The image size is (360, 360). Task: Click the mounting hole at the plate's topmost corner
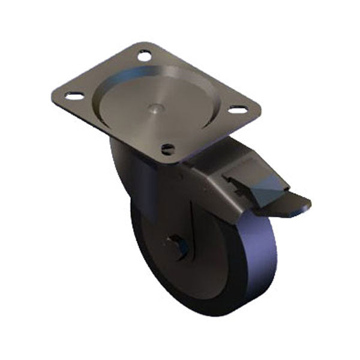tap(144, 55)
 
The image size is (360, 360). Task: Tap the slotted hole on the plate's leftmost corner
tap(73, 96)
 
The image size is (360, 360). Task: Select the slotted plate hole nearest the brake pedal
tap(238, 110)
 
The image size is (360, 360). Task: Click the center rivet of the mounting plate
tap(156, 109)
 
